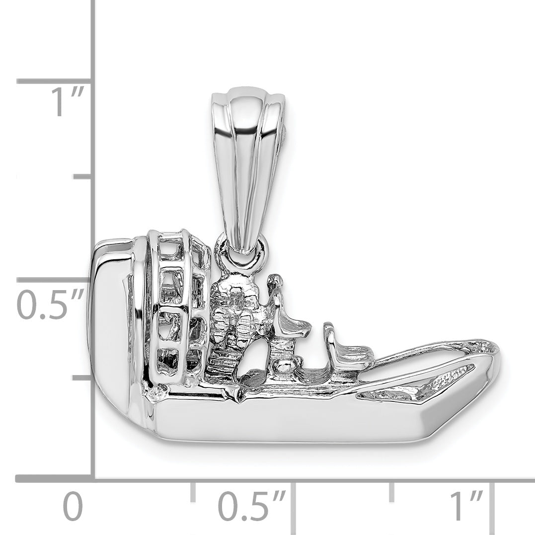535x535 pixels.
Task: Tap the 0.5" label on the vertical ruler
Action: (49, 305)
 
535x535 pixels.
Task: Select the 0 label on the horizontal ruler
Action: (73, 506)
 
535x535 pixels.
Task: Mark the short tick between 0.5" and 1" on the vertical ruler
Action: (82, 177)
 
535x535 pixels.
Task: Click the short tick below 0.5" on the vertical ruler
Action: (82, 378)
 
